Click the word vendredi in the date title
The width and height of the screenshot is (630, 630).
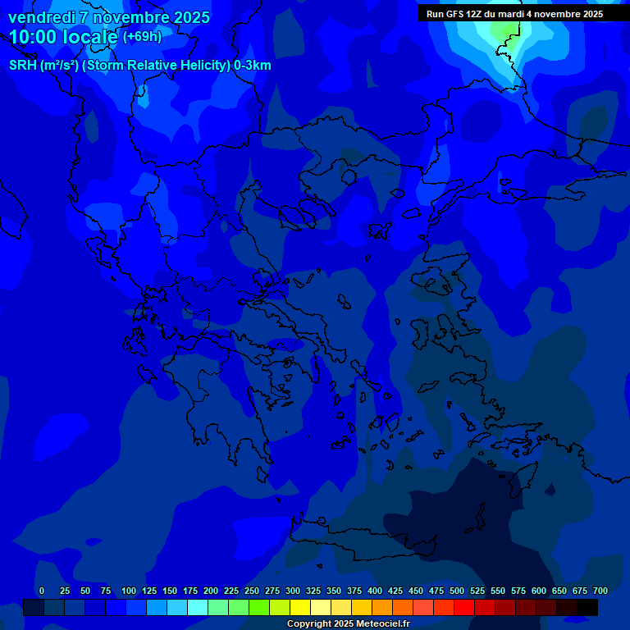(x=41, y=17)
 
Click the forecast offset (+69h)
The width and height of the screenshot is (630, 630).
(x=142, y=37)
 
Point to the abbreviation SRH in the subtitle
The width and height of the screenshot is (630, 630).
(x=23, y=66)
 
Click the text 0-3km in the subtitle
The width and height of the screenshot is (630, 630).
(x=253, y=66)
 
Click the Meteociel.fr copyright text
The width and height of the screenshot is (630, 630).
(x=347, y=623)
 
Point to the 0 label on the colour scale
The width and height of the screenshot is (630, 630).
(x=42, y=591)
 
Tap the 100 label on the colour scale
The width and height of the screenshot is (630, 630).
(x=129, y=591)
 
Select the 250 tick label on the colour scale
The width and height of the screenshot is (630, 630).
(x=252, y=591)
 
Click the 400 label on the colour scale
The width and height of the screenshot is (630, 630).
(x=375, y=591)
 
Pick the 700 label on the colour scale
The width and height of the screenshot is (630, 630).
(x=600, y=591)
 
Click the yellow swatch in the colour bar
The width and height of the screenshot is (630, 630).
(x=300, y=608)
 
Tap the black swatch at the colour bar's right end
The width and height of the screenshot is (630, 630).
(x=587, y=608)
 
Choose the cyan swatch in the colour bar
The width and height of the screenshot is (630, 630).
(x=198, y=608)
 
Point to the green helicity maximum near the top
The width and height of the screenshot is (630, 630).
(x=502, y=29)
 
